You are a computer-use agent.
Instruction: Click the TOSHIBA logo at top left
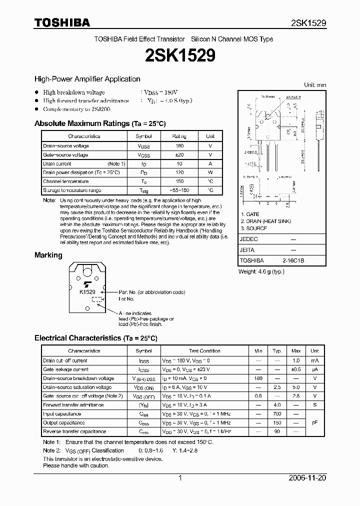tap(62, 22)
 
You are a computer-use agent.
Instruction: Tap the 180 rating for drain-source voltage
tap(179, 145)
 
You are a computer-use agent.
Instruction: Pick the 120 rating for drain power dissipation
tap(179, 172)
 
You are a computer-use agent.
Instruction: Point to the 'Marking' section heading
tap(48, 255)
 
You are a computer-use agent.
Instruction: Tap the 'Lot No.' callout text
tap(126, 299)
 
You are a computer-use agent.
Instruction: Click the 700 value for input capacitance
tap(277, 414)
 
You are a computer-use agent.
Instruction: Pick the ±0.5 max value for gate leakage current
tap(296, 369)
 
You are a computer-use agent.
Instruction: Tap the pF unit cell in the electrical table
tap(314, 422)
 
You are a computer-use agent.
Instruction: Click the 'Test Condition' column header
tap(204, 351)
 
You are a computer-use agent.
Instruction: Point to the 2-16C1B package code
tap(292, 260)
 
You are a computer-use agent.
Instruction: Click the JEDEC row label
tap(249, 239)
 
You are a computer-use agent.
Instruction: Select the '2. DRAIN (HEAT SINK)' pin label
tap(265, 221)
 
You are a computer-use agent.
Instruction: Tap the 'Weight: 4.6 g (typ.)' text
tap(261, 271)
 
